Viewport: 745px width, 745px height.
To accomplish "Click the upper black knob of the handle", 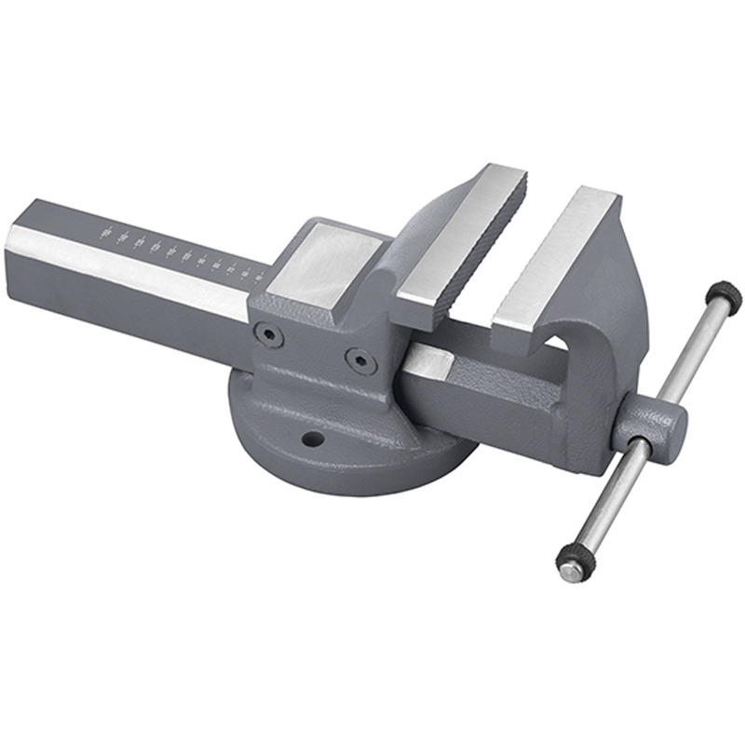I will click(x=724, y=297).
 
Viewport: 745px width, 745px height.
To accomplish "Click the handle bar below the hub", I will click(x=610, y=494).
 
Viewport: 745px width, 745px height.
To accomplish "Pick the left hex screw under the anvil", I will click(x=269, y=333).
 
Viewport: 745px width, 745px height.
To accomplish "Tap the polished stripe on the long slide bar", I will click(x=130, y=270).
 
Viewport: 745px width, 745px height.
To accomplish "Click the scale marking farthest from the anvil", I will click(x=105, y=229).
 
